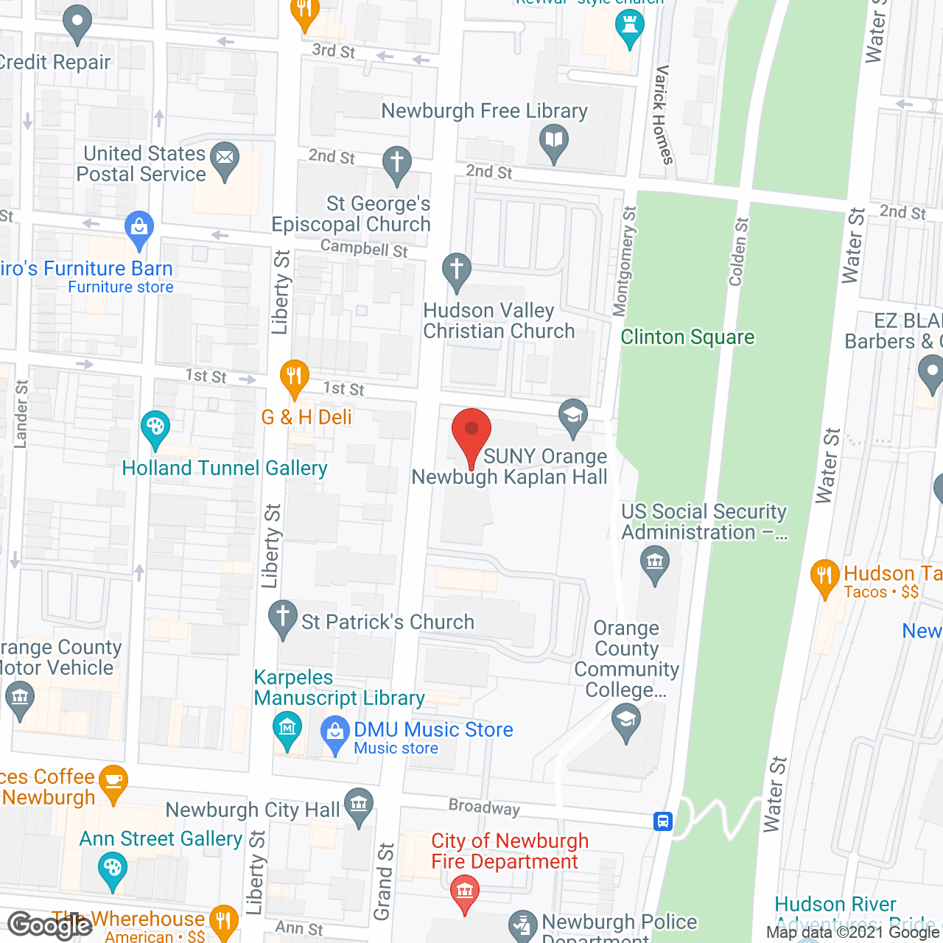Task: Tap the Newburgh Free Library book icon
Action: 553,140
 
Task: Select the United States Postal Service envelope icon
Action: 225,158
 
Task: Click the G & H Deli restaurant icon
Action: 294,376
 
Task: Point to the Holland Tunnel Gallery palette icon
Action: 155,428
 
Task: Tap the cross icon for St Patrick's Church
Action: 282,617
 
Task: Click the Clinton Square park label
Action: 687,337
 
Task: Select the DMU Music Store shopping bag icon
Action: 335,733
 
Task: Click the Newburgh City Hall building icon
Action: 359,804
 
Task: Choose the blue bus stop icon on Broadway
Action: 663,821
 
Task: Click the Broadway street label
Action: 484,807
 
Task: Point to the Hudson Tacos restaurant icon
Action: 824,576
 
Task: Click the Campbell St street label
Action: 364,248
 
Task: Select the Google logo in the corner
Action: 49,925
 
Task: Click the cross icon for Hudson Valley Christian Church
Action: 457,270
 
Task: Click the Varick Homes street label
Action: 663,115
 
